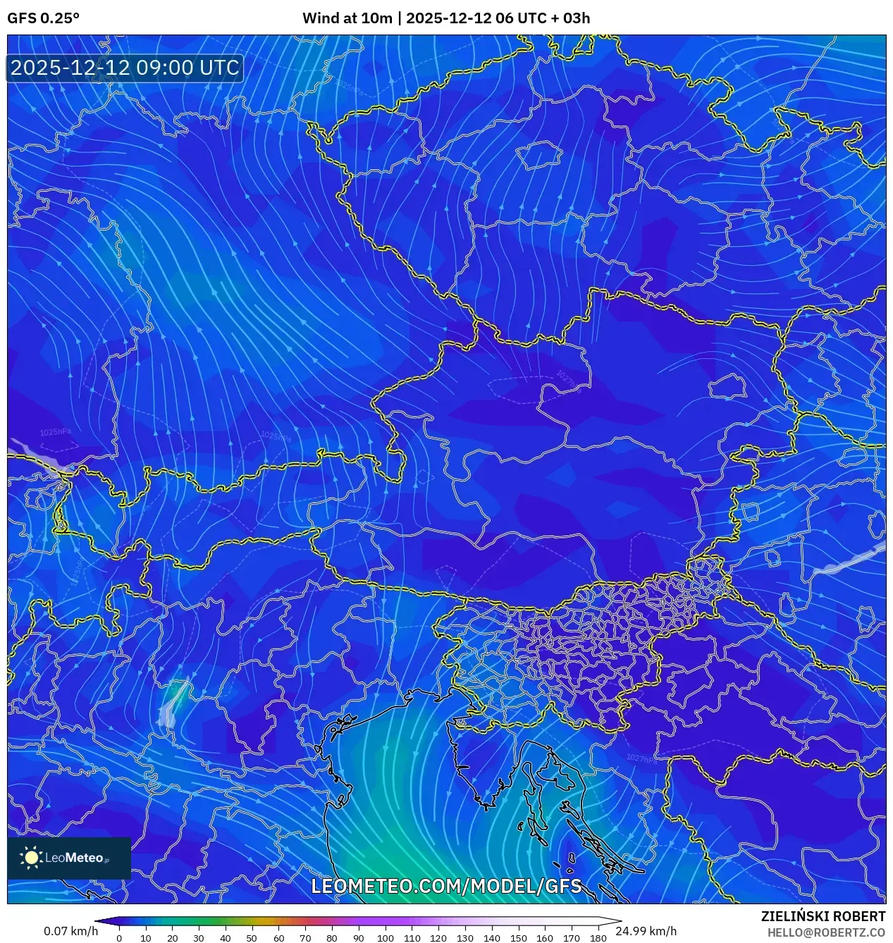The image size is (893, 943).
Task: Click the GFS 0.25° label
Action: (x=43, y=18)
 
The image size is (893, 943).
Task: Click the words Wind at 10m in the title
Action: (x=347, y=18)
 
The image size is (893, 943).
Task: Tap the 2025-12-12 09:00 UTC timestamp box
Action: (x=125, y=68)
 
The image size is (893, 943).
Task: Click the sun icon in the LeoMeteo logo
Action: (x=31, y=857)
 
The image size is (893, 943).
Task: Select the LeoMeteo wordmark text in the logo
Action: (x=75, y=858)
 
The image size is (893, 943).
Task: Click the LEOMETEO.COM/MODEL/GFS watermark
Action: (x=446, y=886)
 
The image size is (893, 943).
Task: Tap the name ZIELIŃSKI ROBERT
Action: (x=823, y=916)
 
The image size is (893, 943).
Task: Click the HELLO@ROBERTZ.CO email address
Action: (x=826, y=932)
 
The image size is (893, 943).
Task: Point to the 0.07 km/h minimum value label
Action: (x=70, y=931)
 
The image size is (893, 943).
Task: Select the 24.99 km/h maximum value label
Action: (x=646, y=931)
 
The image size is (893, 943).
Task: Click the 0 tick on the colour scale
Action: (x=119, y=938)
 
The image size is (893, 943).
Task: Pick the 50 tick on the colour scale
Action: (x=252, y=938)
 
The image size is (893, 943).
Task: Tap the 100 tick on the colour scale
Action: (x=385, y=938)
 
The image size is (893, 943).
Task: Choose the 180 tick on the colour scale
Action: (x=598, y=938)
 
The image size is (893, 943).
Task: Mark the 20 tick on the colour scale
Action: (x=172, y=938)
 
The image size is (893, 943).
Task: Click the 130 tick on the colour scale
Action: (x=464, y=938)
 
